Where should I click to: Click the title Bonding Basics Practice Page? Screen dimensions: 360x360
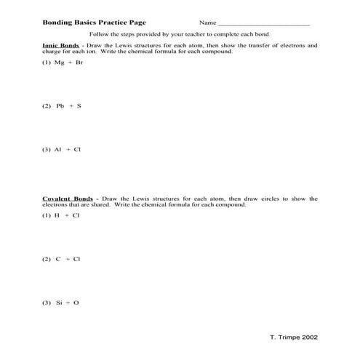(x=89, y=23)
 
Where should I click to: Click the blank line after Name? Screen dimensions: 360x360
(x=263, y=24)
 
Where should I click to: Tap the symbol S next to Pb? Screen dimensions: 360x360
(x=79, y=105)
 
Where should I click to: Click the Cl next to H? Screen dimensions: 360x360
(x=76, y=215)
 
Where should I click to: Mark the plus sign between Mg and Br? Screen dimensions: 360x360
(x=71, y=63)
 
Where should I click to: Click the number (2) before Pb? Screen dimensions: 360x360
(x=46, y=105)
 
